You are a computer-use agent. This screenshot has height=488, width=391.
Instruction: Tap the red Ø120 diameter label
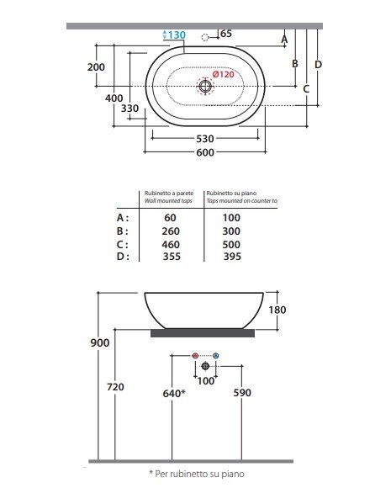pyautogui.click(x=223, y=74)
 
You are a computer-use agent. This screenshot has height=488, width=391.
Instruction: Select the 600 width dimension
pyautogui.click(x=205, y=152)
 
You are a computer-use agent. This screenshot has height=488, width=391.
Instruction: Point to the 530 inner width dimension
pyautogui.click(x=205, y=139)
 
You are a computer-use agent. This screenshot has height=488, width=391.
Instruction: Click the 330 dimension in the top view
pyautogui.click(x=129, y=109)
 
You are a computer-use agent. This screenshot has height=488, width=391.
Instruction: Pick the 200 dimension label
pyautogui.click(x=96, y=67)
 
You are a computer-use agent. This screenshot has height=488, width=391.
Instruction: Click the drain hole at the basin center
pyautogui.click(x=205, y=86)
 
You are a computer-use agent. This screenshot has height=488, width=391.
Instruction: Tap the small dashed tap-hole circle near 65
pyautogui.click(x=204, y=37)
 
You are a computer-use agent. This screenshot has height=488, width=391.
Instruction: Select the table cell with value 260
pyautogui.click(x=171, y=231)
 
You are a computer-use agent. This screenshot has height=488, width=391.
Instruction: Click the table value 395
pyautogui.click(x=232, y=257)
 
